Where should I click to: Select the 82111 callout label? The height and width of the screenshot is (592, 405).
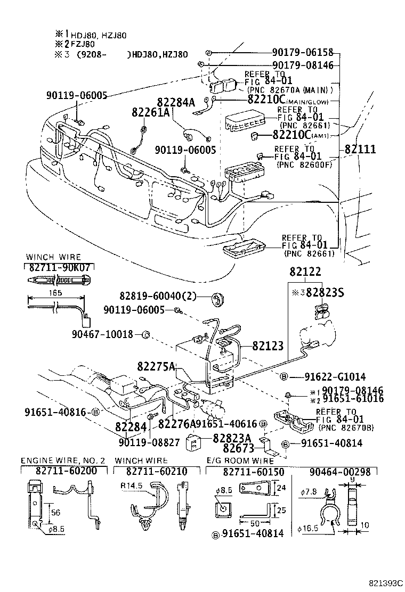click(x=360, y=149)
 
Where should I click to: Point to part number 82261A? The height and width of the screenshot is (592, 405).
click(x=151, y=112)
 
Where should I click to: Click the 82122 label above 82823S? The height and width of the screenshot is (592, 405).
click(x=305, y=272)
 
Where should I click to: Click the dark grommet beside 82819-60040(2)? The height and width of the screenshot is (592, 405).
click(x=216, y=299)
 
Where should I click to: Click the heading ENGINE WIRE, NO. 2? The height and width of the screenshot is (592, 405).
click(x=63, y=460)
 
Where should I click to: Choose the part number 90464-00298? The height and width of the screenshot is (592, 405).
click(x=343, y=471)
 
